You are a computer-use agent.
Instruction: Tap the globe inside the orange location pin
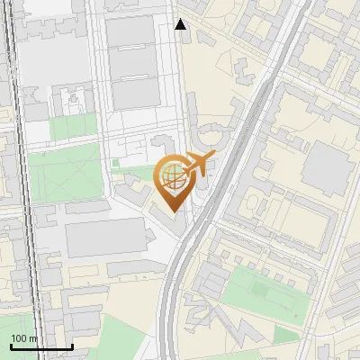(x=171, y=176)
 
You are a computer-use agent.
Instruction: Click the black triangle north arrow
(x=181, y=24)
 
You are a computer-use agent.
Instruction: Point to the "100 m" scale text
(x=24, y=338)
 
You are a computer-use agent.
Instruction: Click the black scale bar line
(x=41, y=346)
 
